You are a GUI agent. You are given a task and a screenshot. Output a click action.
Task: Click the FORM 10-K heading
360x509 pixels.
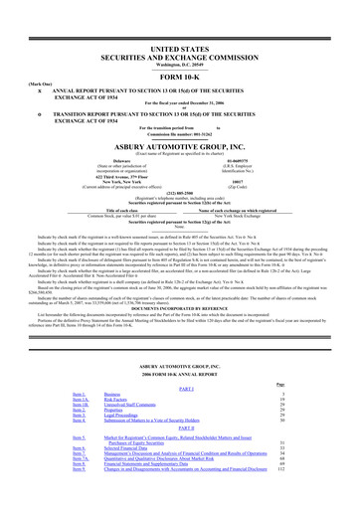tap(180, 49)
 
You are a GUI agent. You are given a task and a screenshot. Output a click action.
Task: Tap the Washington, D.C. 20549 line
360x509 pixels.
tap(180, 38)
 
